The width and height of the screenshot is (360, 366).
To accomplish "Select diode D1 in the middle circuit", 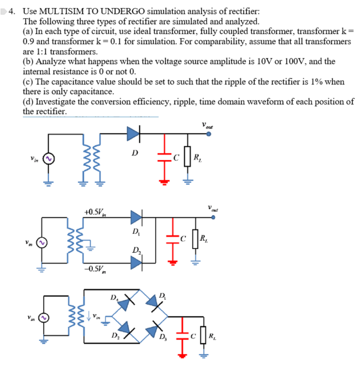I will [x=136, y=216].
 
